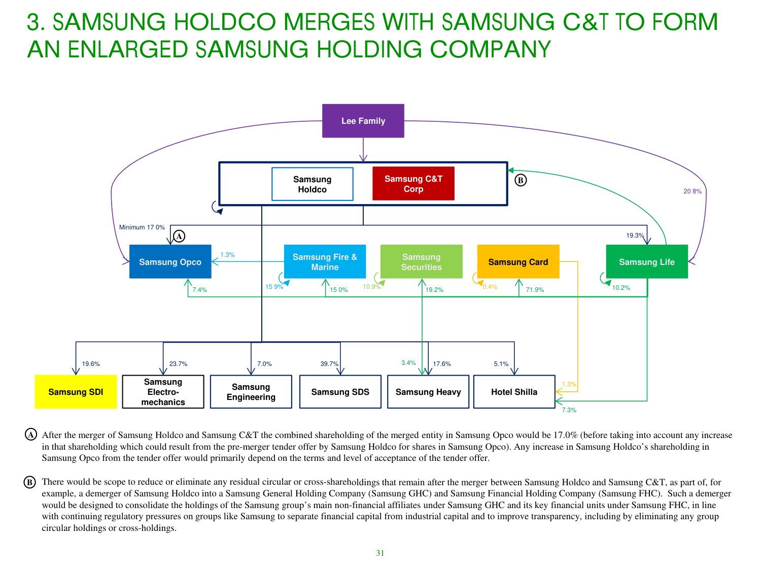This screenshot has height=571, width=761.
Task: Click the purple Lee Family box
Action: tap(363, 121)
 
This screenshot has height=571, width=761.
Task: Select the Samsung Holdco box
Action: tap(312, 184)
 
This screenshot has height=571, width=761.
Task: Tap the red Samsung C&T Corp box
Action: tap(413, 184)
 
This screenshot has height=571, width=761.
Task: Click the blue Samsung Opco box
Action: tap(170, 262)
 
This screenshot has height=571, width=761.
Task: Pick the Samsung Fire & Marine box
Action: tap(325, 262)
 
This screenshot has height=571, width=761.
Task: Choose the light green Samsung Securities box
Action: tap(421, 262)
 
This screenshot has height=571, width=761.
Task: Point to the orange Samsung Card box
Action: tap(518, 262)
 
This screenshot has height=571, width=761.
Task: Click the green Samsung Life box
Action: tap(647, 262)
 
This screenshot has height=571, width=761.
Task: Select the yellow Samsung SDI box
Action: tap(76, 392)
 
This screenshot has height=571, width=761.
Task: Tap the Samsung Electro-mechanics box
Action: tap(163, 392)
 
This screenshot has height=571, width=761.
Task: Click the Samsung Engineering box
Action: tap(251, 392)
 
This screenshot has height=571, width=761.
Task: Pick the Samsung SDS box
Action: tap(340, 392)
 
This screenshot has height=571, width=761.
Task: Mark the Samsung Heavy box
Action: tap(428, 392)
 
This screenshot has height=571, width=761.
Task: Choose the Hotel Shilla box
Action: tap(514, 392)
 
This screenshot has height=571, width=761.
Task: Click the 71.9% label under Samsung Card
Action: tap(535, 290)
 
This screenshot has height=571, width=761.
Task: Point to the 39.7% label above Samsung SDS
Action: tap(329, 364)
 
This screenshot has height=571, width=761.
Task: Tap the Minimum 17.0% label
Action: tap(142, 227)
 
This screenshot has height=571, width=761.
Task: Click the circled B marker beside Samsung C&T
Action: tap(521, 180)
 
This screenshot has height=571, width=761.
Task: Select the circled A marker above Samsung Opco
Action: tap(179, 236)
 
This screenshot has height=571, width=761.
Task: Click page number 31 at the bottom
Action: tap(380, 553)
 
